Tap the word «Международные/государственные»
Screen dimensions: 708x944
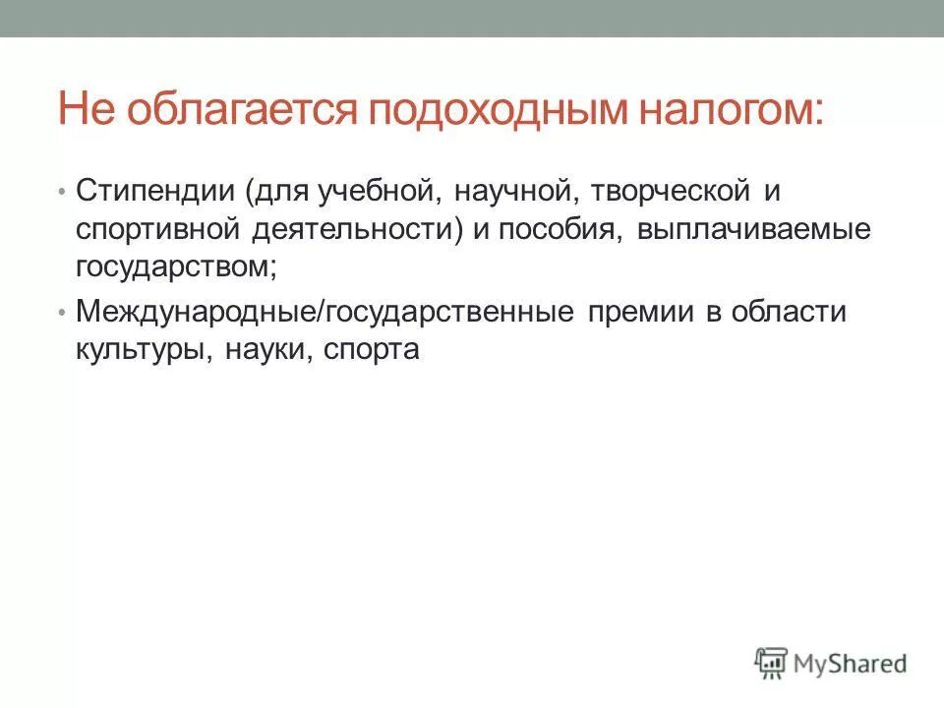tap(324, 312)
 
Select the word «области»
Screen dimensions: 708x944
tap(795, 312)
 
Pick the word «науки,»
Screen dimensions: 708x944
tap(264, 351)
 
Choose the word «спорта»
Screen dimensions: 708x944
tap(370, 351)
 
